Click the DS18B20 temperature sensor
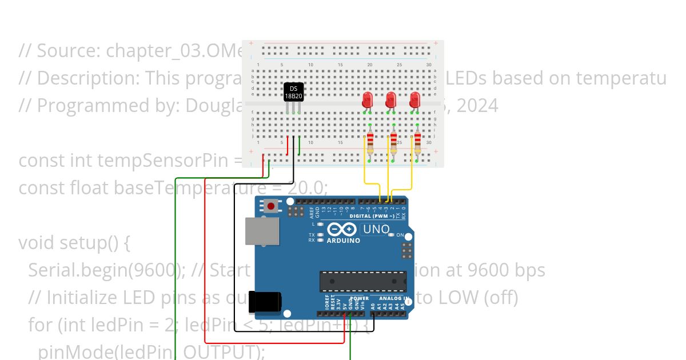click(293, 92)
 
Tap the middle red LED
click(392, 101)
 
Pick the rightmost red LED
click(415, 101)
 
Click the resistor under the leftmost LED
click(369, 143)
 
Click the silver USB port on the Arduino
click(262, 231)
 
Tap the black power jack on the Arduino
click(265, 302)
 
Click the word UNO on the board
click(376, 230)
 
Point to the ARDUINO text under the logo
click(343, 241)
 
